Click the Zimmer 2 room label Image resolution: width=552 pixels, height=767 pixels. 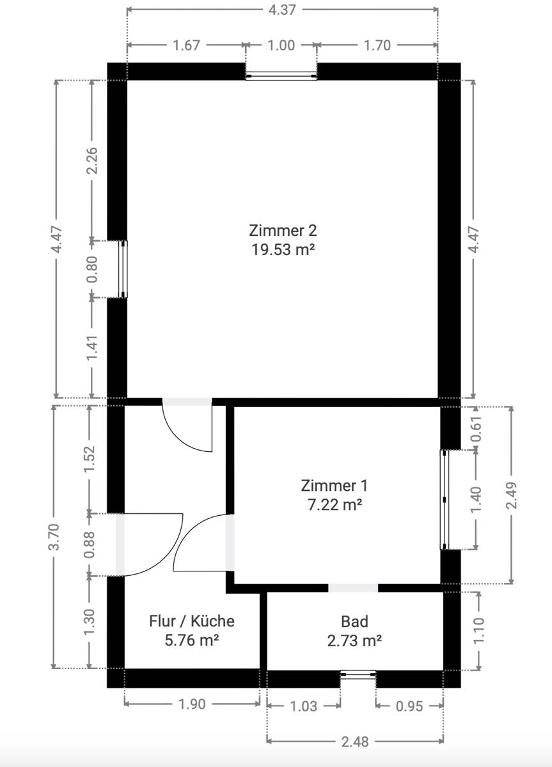point(283,231)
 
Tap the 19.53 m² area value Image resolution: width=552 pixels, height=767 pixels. point(283,250)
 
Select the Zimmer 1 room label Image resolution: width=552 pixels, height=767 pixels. point(334,486)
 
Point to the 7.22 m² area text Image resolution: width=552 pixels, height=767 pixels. point(335,505)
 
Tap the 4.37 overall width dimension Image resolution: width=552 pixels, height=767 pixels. point(282,10)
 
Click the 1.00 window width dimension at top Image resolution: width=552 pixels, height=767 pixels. point(281,45)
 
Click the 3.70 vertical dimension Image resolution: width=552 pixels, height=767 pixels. point(54,537)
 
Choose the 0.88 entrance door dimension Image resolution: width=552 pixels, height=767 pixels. point(90,545)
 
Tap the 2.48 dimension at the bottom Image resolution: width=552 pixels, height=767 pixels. point(355,741)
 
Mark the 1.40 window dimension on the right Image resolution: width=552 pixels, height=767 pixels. point(476,500)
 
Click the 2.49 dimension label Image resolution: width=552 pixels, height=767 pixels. point(512,495)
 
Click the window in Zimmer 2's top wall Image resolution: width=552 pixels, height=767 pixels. point(281,75)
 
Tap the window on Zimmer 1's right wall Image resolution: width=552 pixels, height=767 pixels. point(444,500)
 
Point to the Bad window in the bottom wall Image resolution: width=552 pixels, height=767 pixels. point(358,674)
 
